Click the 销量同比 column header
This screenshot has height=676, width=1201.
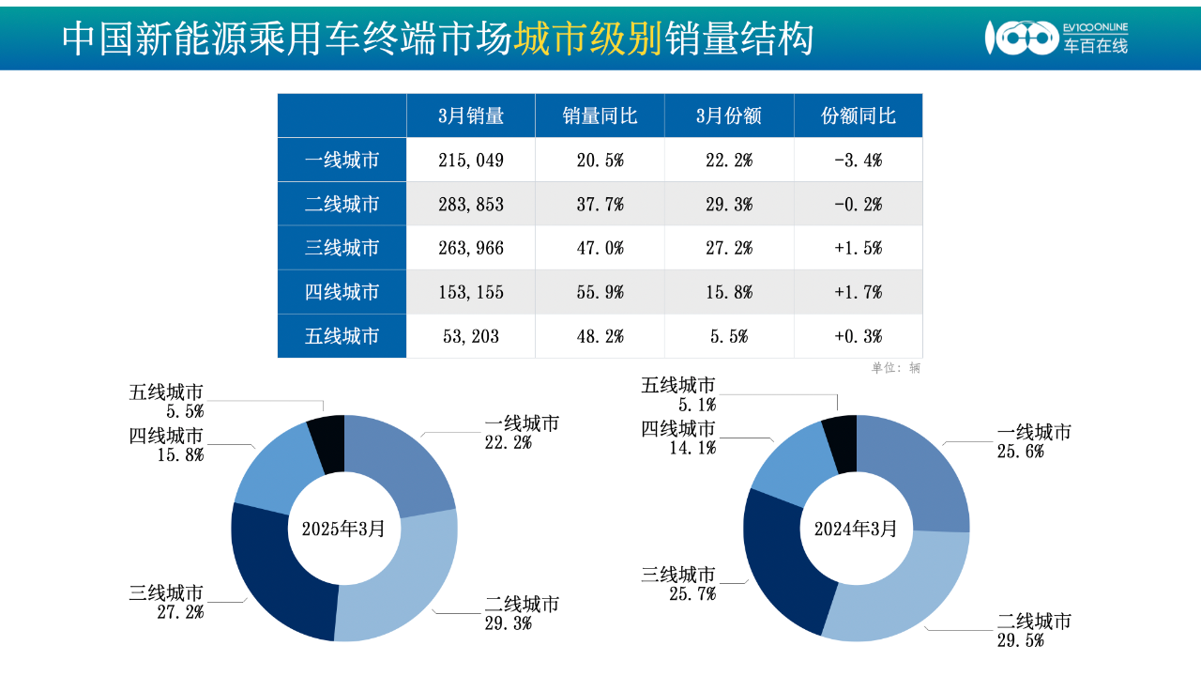coord(600,115)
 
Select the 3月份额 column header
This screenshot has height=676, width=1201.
coord(729,115)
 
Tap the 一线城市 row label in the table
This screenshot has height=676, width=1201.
coord(342,160)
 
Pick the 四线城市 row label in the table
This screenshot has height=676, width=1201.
coord(342,292)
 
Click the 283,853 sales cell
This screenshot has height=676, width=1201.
coord(471,204)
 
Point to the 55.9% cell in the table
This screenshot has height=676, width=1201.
coord(600,292)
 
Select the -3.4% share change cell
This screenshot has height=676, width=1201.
coord(858,160)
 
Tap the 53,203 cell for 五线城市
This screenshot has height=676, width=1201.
coord(471,336)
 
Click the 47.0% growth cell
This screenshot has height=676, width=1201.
coord(600,248)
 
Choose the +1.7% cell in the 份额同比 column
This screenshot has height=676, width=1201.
coord(858,292)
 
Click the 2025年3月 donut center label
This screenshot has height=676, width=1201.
coord(343,529)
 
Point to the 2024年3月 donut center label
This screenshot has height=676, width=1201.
coord(856,529)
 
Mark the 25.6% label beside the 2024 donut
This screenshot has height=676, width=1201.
coord(1021,452)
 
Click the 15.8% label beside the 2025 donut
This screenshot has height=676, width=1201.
coord(180,455)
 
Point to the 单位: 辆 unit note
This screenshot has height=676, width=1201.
coord(896,368)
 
